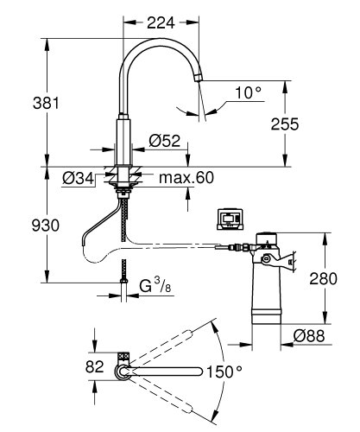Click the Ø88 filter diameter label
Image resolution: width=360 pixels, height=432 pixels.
(x=307, y=335)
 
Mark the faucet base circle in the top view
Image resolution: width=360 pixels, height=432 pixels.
(x=123, y=372)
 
